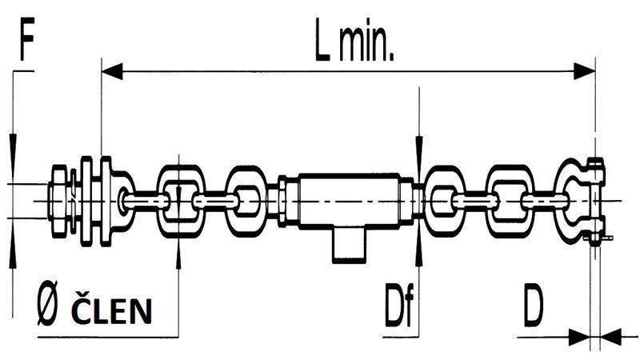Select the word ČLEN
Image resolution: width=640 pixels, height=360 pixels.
tap(112, 311)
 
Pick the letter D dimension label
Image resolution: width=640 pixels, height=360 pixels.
tap(534, 308)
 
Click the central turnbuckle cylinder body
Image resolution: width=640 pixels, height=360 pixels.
tap(349, 199)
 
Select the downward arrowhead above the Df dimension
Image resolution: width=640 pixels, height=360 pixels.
tap(418, 148)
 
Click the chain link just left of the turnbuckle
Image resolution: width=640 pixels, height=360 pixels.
tap(246, 200)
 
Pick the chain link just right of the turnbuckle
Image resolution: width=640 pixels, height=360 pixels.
tap(444, 200)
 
